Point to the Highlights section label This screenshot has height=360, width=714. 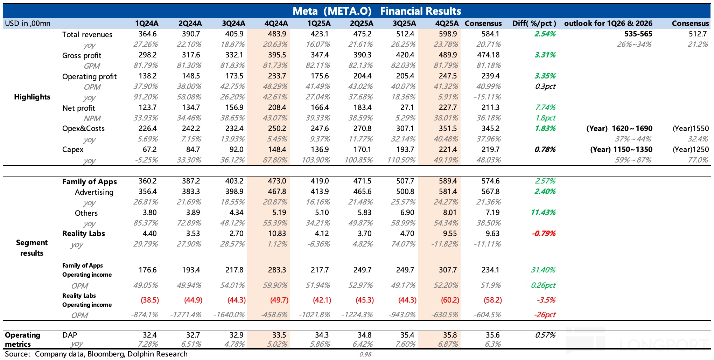tap(32, 97)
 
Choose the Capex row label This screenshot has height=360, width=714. tap(73, 150)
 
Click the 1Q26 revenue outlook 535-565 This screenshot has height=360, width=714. tap(638, 34)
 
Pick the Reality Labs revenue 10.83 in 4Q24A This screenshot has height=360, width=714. tap(277, 234)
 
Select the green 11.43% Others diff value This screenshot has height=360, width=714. tap(543, 213)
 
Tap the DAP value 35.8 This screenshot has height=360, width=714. tap(450, 335)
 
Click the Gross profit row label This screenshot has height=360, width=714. tap(82, 55)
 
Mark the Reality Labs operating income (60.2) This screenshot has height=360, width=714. tap(450, 300)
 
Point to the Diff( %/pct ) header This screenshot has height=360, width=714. tap(534, 23)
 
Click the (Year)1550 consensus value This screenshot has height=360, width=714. tap(691, 129)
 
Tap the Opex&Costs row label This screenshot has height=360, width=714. tap(83, 129)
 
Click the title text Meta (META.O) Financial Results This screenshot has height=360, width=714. tap(377, 11)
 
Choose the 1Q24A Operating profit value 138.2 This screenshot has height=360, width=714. tap(147, 76)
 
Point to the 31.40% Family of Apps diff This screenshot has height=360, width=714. tap(543, 270)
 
